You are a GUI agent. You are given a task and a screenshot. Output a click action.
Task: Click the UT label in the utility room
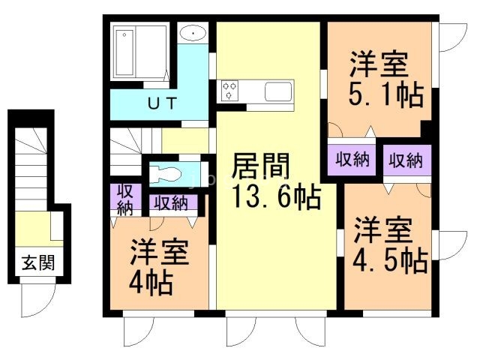click(162, 103)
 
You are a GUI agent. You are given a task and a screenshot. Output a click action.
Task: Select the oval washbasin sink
click(193, 32)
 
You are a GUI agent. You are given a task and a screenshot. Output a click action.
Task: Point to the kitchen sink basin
click(278, 91)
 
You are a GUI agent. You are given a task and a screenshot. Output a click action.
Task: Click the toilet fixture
click(165, 175)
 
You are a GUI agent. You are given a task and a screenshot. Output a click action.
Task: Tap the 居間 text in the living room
click(260, 166)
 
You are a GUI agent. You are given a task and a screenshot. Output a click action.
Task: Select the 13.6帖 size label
click(277, 196)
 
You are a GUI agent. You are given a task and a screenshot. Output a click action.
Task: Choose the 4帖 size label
click(151, 283)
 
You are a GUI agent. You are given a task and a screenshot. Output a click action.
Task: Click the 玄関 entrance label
click(38, 262)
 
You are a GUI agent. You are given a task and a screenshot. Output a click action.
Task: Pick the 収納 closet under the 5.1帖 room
click(352, 160)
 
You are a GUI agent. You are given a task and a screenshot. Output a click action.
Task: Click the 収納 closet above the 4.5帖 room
click(407, 160)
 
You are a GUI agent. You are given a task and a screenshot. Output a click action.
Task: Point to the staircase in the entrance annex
click(31, 169)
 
